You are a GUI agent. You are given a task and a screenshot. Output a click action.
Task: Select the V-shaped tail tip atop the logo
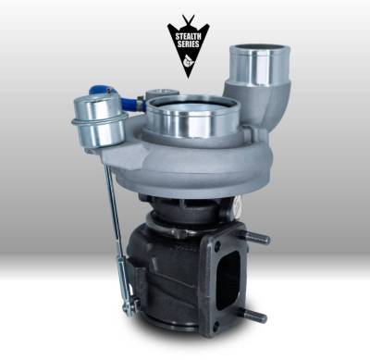pos(184,19)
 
